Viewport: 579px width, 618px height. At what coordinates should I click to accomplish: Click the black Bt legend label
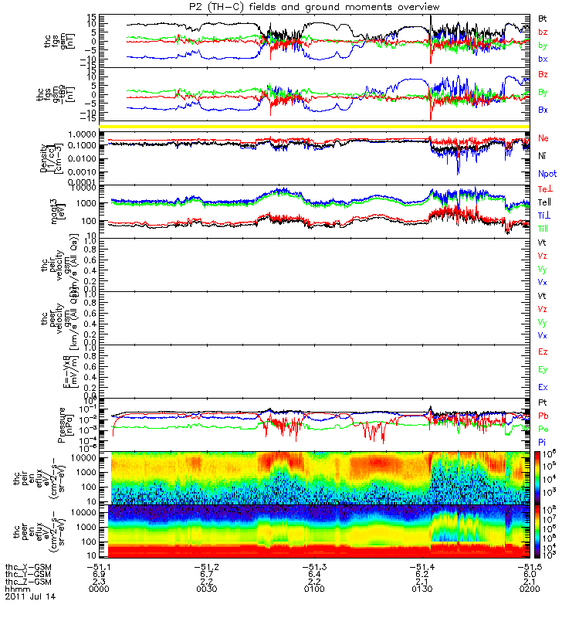543,17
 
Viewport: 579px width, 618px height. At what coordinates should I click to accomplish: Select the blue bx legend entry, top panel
543,59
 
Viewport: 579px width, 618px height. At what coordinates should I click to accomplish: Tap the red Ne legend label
544,138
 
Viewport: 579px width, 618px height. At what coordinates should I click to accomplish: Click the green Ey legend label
543,369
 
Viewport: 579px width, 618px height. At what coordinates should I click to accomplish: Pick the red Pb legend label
543,416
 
